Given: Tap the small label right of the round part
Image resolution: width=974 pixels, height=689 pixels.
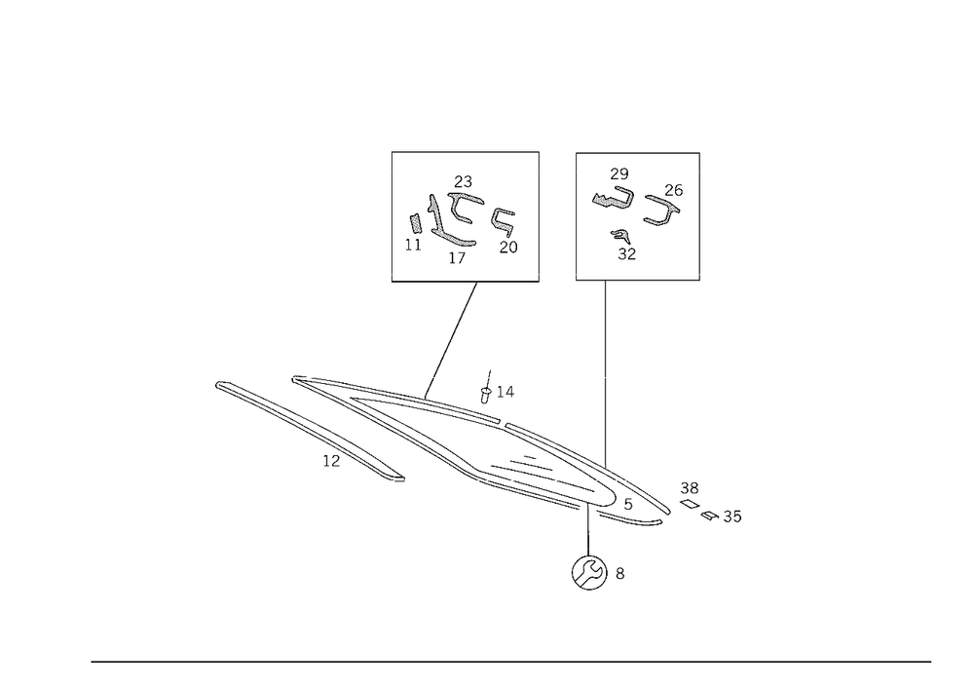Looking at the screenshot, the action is tap(621, 574).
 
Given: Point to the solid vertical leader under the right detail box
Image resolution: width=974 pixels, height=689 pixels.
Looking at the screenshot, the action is tap(603, 370).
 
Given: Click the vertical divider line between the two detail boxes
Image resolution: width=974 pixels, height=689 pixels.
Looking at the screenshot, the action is tap(540, 216).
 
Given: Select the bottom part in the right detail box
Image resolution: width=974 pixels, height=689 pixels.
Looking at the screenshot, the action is tap(619, 244).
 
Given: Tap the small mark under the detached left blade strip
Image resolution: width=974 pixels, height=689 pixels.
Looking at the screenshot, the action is tap(325, 463).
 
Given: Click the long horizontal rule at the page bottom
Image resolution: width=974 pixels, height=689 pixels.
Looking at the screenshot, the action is tap(510, 661).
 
